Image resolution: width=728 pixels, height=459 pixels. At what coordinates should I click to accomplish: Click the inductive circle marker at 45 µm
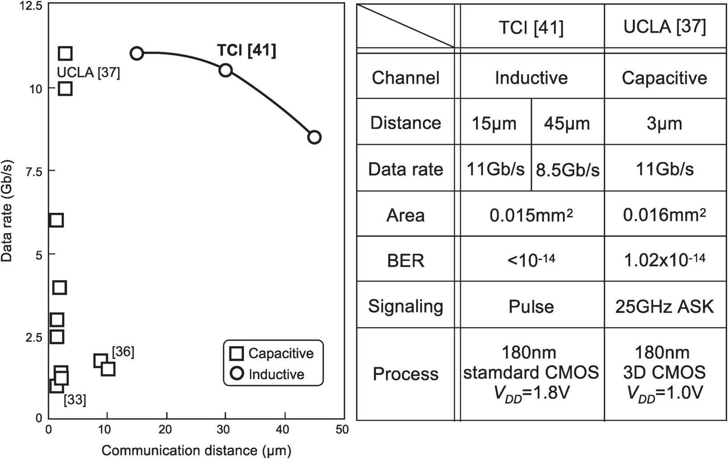pos(314,137)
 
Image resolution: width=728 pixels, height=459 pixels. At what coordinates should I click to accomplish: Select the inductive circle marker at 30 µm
pos(226,70)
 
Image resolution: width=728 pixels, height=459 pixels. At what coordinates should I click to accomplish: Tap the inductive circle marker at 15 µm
pos(137,53)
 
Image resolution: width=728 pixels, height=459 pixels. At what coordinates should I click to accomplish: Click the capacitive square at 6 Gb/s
pos(56,220)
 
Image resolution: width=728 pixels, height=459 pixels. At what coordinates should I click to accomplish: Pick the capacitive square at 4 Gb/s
pos(59,287)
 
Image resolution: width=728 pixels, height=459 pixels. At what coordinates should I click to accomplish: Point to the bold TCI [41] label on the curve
pos(247,50)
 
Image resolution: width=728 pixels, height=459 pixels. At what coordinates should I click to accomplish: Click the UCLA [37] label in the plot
pos(88,72)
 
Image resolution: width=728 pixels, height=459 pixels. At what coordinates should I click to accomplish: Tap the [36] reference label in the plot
pos(123,352)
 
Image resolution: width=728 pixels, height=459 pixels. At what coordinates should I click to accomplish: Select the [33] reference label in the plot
pos(75,399)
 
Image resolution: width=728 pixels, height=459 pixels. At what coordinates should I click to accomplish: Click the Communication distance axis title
pos(196,450)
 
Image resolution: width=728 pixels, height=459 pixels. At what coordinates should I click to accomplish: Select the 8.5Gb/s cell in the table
pos(567,170)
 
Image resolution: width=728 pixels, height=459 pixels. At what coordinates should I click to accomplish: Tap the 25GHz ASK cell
pos(665,306)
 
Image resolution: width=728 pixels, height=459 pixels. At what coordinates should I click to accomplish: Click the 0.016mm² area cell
pos(665,215)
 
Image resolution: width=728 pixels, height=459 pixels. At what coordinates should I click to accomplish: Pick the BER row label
pos(406,260)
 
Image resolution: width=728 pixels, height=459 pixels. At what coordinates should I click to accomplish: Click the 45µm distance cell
pos(567,123)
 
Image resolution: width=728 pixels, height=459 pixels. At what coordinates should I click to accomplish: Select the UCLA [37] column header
pos(665,27)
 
